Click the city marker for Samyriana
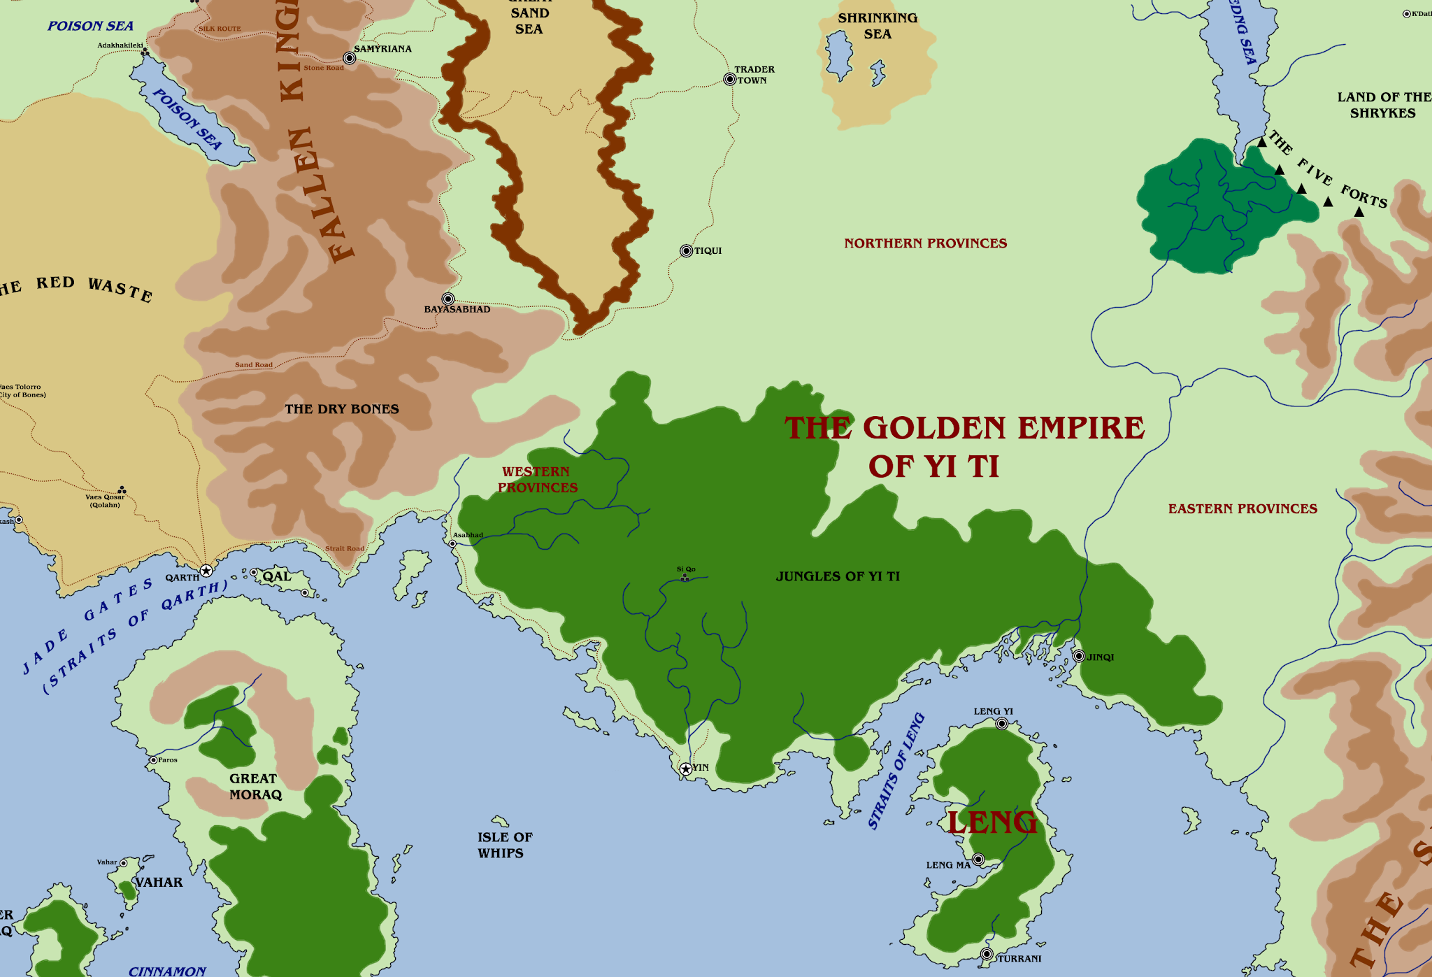point(350,58)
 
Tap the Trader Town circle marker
point(729,79)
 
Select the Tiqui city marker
point(686,251)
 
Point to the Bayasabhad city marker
point(448,299)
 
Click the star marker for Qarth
point(206,571)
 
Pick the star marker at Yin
point(686,769)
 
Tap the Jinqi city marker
point(1079,656)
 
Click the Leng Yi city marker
point(1002,724)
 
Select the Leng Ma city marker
point(978,859)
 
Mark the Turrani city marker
point(987,954)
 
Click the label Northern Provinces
point(925,243)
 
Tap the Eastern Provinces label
point(1243,509)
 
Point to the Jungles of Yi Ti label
point(838,576)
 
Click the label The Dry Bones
point(341,409)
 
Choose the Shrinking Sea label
point(878,26)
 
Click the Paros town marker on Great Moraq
point(153,760)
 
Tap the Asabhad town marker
point(452,543)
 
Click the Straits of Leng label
point(896,771)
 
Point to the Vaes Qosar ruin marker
point(122,490)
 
